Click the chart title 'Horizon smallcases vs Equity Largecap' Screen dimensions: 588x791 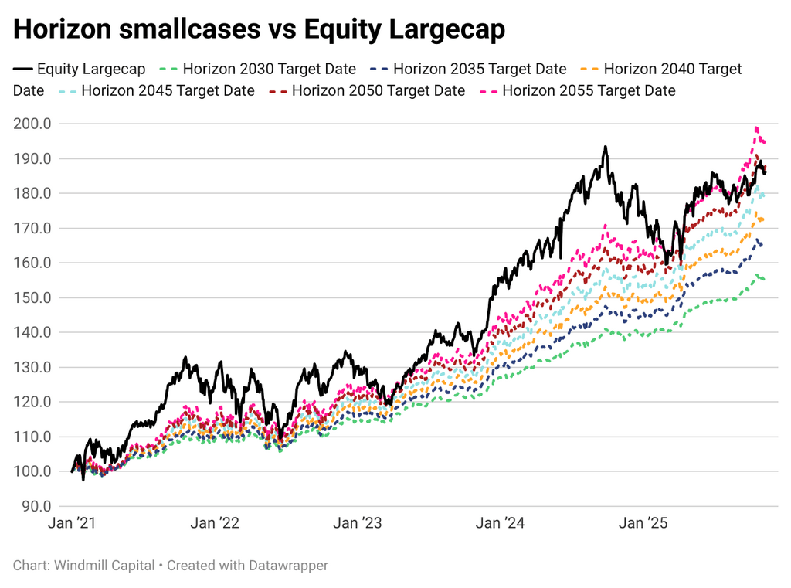coord(259,29)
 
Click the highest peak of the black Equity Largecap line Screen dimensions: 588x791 coord(606,147)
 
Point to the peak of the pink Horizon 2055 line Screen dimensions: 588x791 coord(756,127)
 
